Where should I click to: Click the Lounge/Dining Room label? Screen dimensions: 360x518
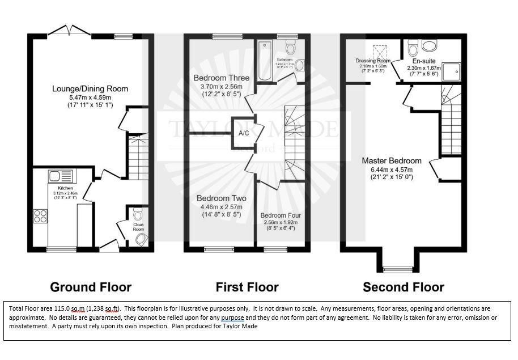(x=90, y=88)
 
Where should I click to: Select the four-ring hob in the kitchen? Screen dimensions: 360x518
(x=42, y=215)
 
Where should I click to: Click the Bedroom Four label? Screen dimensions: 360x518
(x=281, y=215)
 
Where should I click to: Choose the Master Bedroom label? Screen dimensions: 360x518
(x=392, y=160)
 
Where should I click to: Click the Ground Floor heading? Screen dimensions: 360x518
(x=91, y=287)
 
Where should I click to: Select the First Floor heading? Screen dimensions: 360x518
(x=247, y=287)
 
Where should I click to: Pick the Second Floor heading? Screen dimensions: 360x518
(x=404, y=287)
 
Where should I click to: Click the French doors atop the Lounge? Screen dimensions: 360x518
(x=68, y=30)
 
